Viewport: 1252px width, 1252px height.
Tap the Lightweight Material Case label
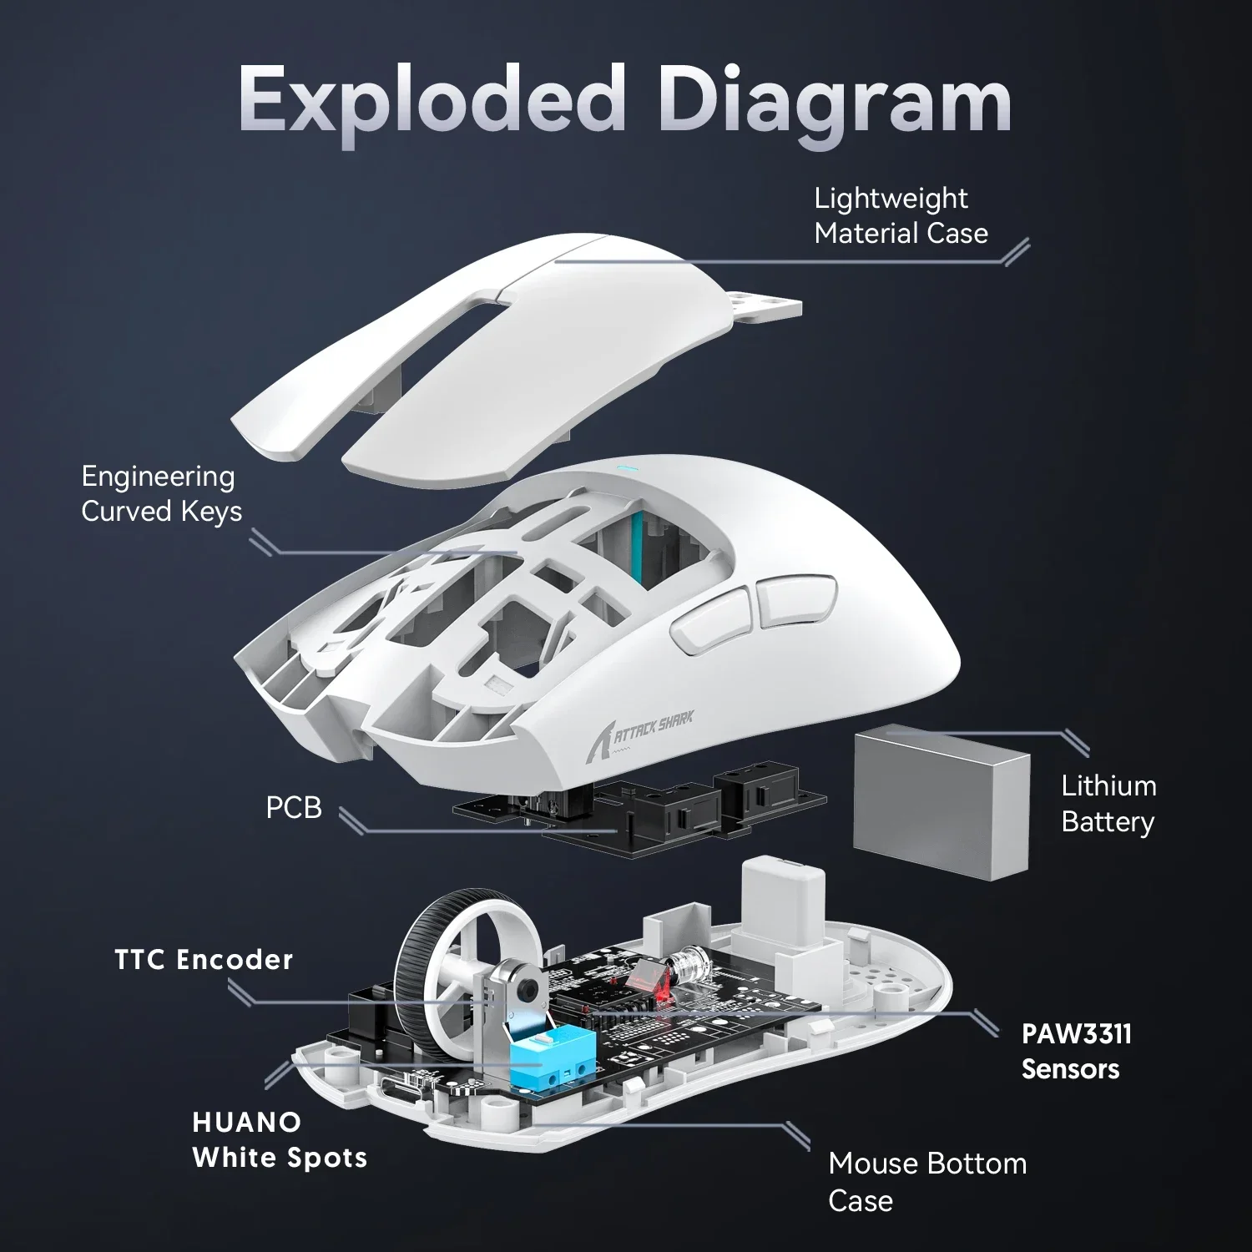900,216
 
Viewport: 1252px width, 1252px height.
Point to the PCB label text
293,808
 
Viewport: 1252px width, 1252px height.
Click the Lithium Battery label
1108,804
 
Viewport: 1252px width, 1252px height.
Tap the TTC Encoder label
204,960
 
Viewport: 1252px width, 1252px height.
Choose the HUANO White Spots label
279,1140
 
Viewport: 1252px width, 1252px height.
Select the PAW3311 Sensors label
1076,1052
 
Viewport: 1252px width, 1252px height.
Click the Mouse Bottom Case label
926,1181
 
